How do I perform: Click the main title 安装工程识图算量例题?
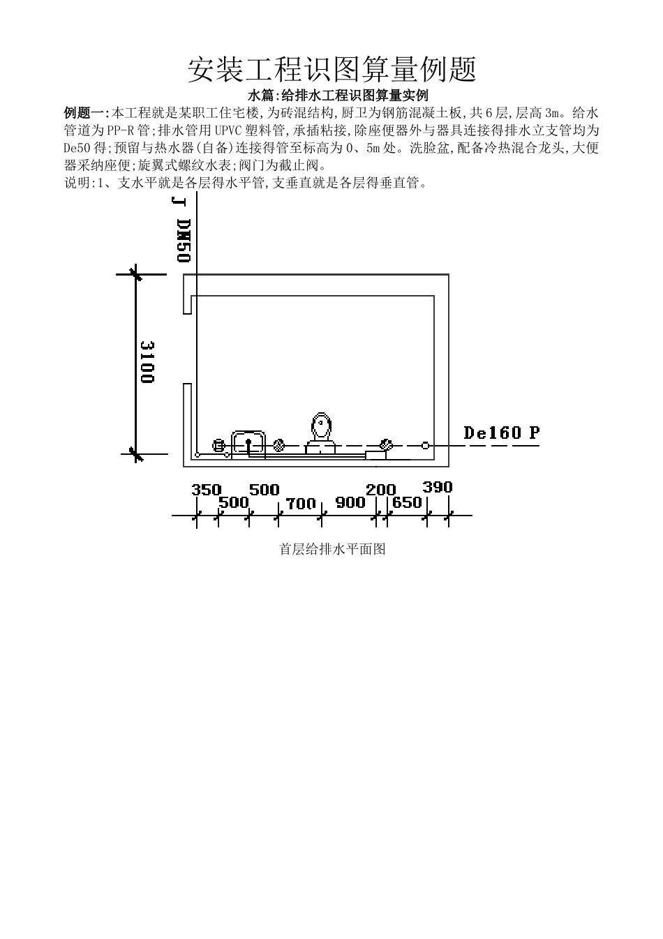[331, 70]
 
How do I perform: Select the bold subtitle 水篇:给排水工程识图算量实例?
[338, 96]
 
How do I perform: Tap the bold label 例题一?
[86, 113]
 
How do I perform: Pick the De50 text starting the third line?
[74, 148]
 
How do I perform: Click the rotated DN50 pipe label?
[183, 241]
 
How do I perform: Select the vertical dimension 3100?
[147, 361]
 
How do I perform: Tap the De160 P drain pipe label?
[501, 433]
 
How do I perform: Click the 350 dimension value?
[206, 490]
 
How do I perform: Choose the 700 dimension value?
[301, 503]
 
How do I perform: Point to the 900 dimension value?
[350, 502]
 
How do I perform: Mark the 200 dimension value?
[380, 490]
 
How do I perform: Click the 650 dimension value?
[407, 502]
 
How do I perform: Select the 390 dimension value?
[437, 488]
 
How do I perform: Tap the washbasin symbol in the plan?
[248, 442]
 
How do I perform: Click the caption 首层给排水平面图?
[332, 550]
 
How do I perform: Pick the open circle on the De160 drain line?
[425, 445]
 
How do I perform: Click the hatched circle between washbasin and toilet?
[279, 445]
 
